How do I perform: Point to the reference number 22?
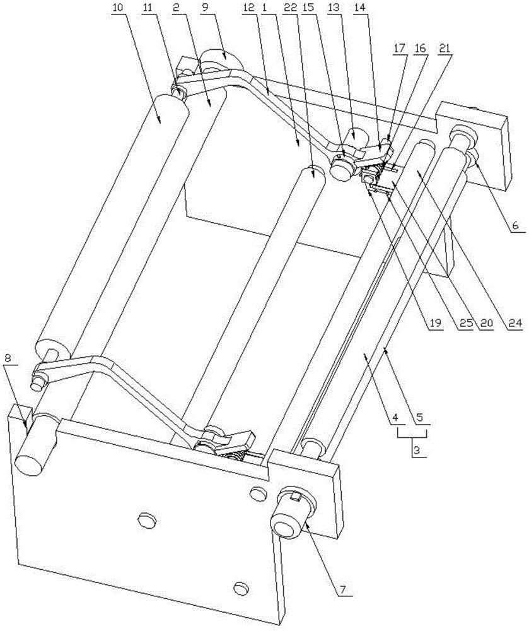(298, 7)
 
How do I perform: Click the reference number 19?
(436, 322)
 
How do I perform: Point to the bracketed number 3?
(417, 451)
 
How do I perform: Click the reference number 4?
(395, 417)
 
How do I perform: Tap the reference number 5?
(421, 417)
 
